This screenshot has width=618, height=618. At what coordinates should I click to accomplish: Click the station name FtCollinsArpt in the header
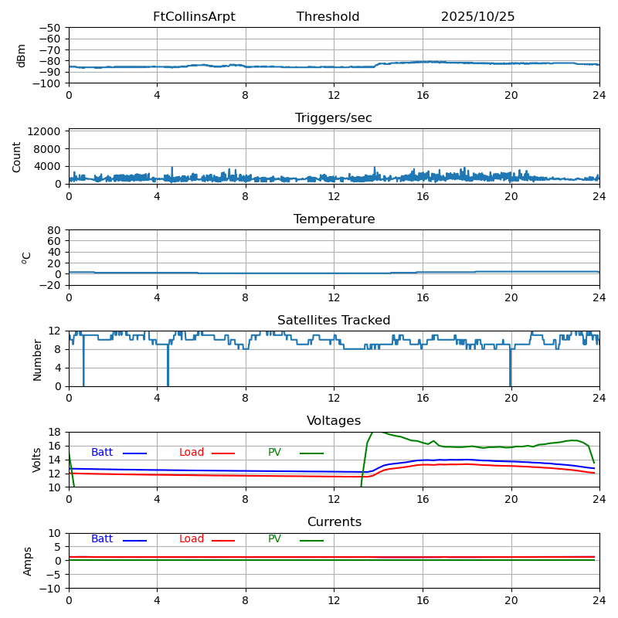194,17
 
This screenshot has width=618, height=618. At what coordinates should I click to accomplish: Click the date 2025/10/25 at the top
477,17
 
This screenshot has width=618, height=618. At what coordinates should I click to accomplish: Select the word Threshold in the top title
328,17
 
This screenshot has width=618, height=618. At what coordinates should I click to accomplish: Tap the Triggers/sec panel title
334,118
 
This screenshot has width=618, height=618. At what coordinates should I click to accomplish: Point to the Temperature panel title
334,219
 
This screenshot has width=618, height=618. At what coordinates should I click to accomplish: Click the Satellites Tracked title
334,321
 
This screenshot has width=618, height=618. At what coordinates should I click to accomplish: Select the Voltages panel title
334,421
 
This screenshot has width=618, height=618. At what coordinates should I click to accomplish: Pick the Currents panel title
334,522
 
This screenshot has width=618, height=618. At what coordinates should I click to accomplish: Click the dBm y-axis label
22,55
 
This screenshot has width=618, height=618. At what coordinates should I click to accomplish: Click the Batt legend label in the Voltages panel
102,453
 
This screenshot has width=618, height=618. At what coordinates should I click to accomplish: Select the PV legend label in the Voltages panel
275,453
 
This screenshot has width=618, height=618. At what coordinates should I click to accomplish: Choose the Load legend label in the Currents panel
192,539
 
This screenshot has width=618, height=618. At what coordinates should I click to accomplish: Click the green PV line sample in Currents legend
311,540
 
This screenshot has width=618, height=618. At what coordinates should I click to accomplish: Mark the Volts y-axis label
37,460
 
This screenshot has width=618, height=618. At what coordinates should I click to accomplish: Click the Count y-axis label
17,156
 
